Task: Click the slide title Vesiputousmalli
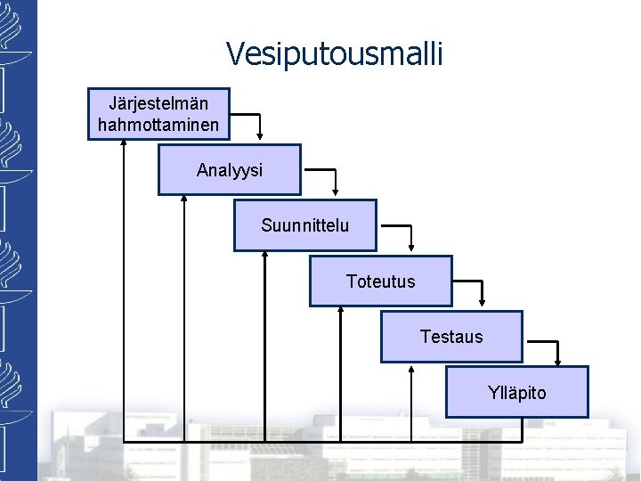[334, 54]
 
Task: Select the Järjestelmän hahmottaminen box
[158, 113]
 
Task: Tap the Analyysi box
[230, 169]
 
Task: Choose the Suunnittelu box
[305, 225]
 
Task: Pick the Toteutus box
[380, 281]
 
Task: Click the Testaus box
[451, 337]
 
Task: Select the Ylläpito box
[516, 392]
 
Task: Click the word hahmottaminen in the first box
[158, 125]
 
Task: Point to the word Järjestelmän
[158, 103]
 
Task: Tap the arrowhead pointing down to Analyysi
[260, 136]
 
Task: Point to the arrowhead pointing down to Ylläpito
[557, 359]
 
